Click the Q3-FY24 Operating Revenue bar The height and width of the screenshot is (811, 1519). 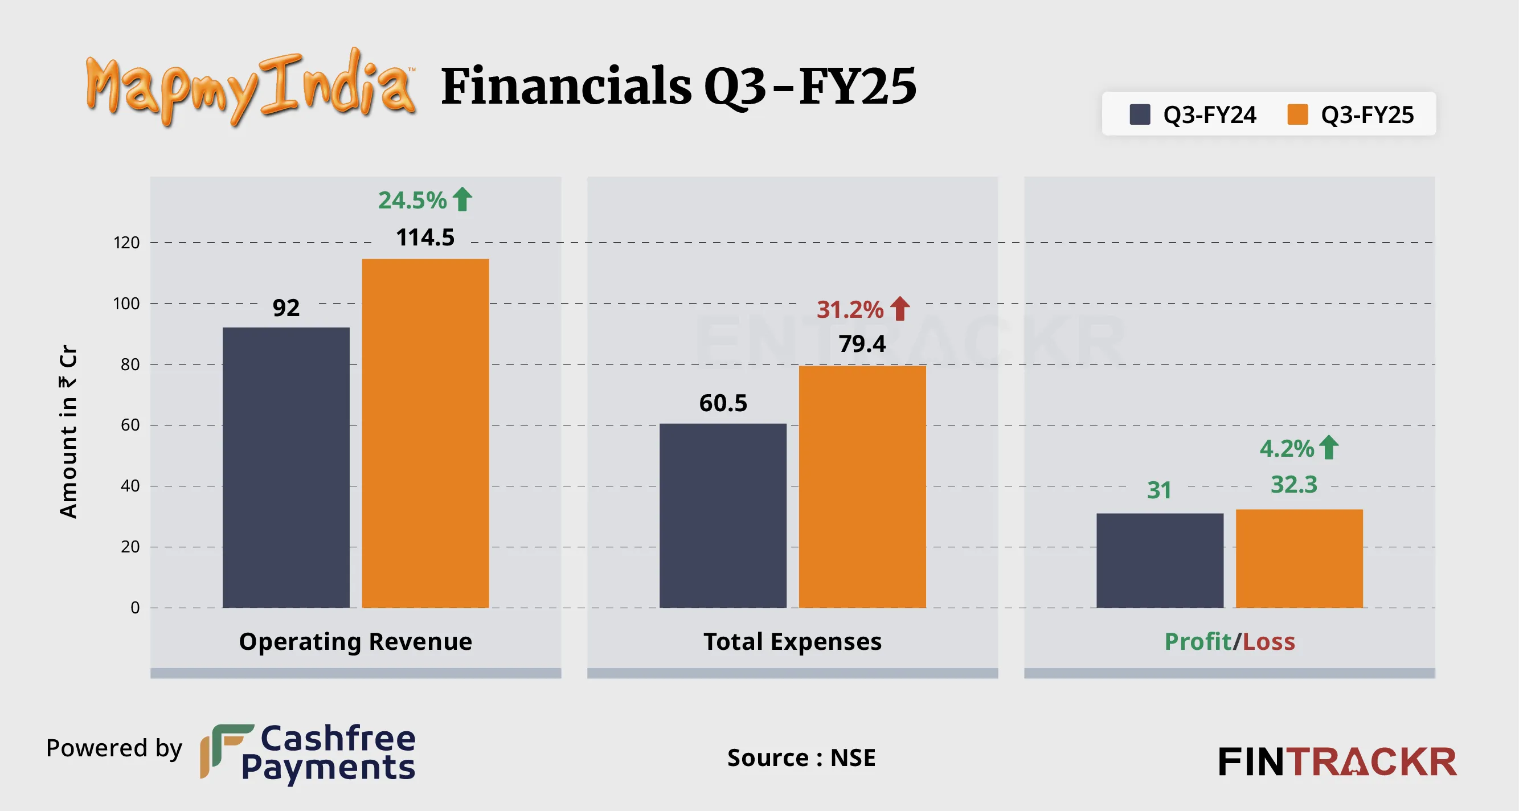pyautogui.click(x=286, y=467)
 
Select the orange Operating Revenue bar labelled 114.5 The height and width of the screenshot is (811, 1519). pyautogui.click(x=425, y=433)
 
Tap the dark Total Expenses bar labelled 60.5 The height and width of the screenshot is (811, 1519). pyautogui.click(x=723, y=515)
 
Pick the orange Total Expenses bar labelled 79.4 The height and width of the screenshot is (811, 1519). pyautogui.click(x=862, y=486)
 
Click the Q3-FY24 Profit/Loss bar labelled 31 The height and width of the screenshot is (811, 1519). pyautogui.click(x=1159, y=560)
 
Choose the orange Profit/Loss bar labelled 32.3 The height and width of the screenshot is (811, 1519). pyautogui.click(x=1299, y=558)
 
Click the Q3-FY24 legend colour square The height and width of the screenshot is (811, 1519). pyautogui.click(x=1139, y=114)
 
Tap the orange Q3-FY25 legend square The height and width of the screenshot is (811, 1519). pyautogui.click(x=1297, y=114)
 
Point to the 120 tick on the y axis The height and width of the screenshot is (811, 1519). pyautogui.click(x=127, y=243)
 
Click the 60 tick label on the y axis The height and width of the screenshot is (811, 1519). pyautogui.click(x=130, y=425)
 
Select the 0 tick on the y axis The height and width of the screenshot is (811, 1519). pyautogui.click(x=135, y=608)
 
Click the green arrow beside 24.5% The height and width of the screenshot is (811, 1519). pyautogui.click(x=463, y=199)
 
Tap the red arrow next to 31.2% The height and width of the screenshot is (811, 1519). pyautogui.click(x=900, y=309)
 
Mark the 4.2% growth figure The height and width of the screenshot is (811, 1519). pyautogui.click(x=1287, y=449)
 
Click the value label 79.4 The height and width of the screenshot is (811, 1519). pyautogui.click(x=862, y=344)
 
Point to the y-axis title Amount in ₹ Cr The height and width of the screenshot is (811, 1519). pyautogui.click(x=69, y=432)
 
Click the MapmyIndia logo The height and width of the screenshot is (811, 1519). pyautogui.click(x=250, y=87)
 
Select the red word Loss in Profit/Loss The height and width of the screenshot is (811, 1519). pyautogui.click(x=1268, y=642)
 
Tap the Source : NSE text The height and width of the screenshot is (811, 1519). pyautogui.click(x=801, y=758)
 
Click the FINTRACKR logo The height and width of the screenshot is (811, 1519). pyautogui.click(x=1337, y=762)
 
